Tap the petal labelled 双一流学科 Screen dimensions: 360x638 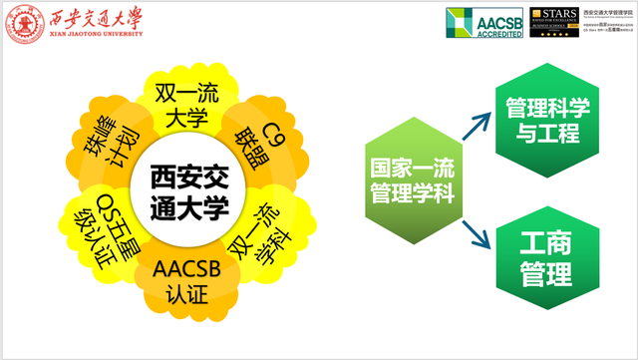point(258,232)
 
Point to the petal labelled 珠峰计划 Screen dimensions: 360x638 point(108,144)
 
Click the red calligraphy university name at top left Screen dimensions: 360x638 point(94,18)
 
